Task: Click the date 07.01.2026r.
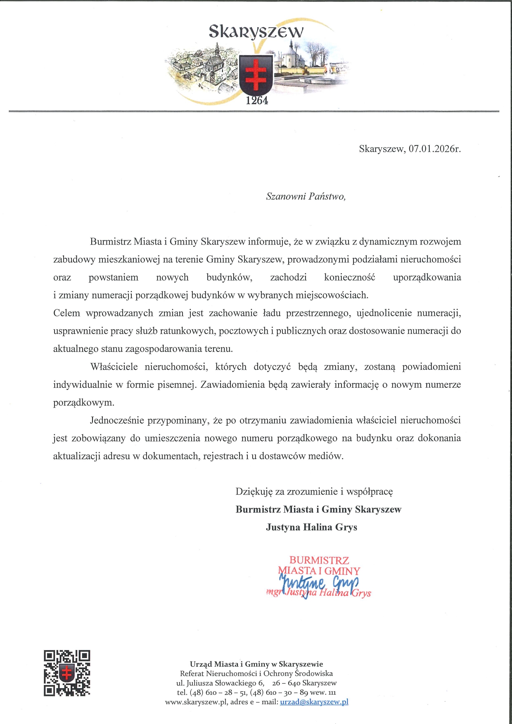434,149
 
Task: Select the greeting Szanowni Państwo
306,196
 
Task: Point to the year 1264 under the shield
257,100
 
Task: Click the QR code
67,673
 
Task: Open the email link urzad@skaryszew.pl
314,702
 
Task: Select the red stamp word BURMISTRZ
319,560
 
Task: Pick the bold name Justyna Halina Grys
311,527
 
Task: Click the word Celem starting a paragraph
66,313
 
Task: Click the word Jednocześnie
117,420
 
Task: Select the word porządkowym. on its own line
83,403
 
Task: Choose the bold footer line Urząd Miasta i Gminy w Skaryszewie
256,664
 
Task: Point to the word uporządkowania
427,277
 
